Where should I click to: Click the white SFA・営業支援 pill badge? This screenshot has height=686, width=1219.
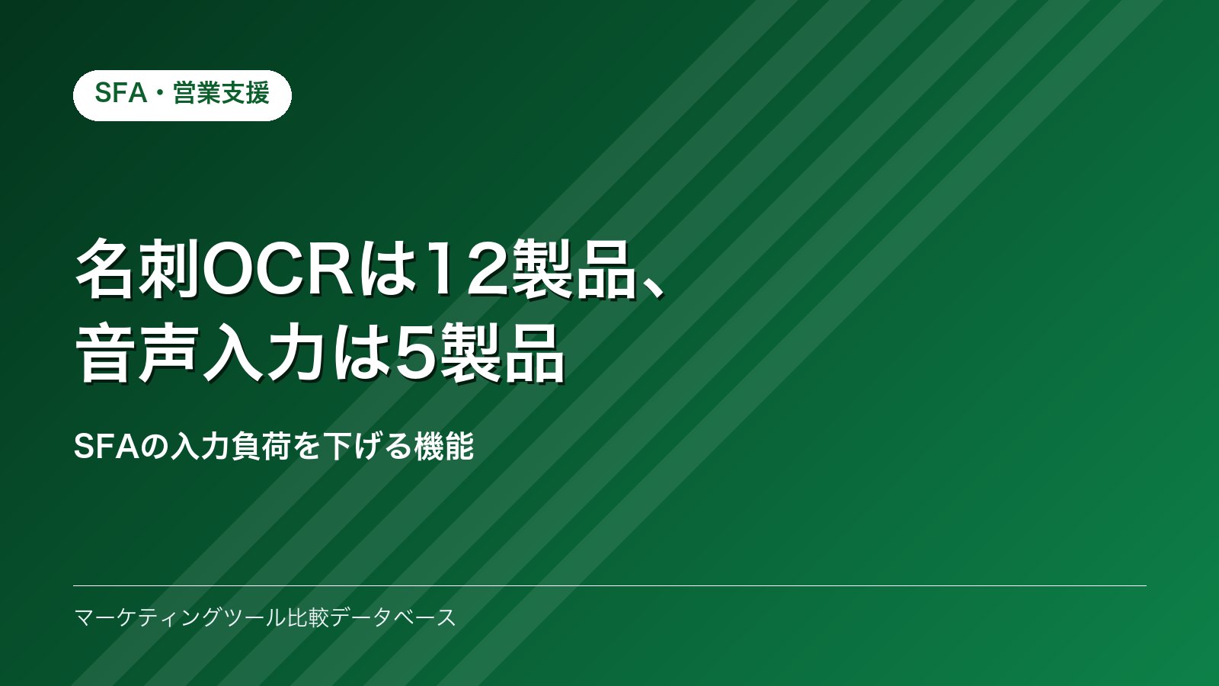[x=182, y=95]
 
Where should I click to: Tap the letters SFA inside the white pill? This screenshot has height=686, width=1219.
[x=121, y=92]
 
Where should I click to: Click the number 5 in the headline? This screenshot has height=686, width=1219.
[x=417, y=353]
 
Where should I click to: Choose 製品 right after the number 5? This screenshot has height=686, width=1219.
[x=503, y=353]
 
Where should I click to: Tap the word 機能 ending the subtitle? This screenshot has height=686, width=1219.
[x=444, y=447]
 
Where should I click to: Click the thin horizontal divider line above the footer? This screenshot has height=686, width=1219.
[x=609, y=586]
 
